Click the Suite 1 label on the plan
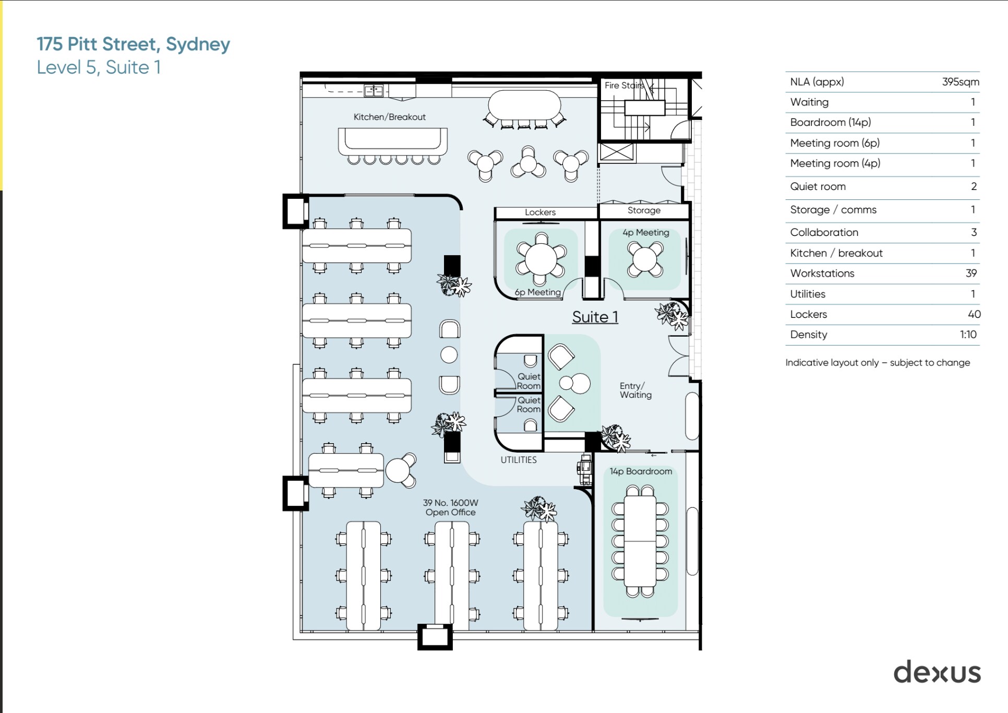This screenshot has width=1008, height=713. (x=595, y=317)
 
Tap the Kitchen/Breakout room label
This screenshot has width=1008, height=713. (x=389, y=117)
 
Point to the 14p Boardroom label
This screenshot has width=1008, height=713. (x=641, y=471)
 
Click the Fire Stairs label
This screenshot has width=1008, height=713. (x=623, y=85)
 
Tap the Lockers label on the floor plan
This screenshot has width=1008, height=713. (x=540, y=212)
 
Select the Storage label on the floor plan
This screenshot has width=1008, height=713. (x=644, y=210)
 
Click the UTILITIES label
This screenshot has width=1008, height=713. (x=519, y=460)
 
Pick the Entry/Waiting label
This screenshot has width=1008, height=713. (x=635, y=390)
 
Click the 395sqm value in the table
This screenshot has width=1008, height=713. (x=960, y=82)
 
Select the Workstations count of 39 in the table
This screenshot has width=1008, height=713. (x=970, y=274)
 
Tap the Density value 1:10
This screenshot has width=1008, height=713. (x=968, y=335)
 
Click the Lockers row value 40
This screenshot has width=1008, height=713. (x=974, y=314)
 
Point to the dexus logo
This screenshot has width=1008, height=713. (x=937, y=672)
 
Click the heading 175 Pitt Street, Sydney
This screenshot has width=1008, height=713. (x=133, y=44)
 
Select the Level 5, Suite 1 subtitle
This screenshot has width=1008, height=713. (x=99, y=67)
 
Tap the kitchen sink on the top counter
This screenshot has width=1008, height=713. (x=374, y=91)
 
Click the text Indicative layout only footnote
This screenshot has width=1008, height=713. (x=878, y=363)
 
